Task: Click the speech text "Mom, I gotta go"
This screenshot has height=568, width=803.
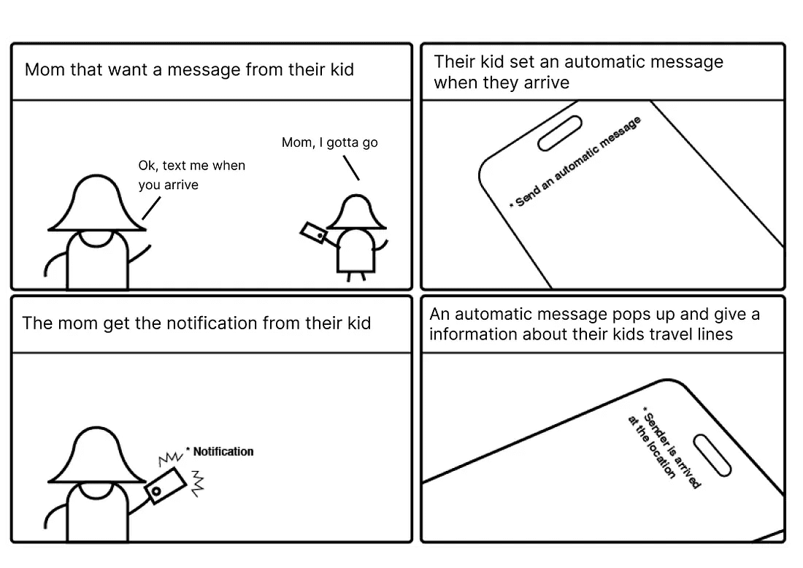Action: click(329, 142)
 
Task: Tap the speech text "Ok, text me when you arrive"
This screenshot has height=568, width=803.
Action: click(191, 174)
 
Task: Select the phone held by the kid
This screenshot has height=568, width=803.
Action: click(313, 232)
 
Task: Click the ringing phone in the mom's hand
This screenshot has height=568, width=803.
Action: click(165, 485)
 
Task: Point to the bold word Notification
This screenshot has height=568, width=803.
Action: click(223, 451)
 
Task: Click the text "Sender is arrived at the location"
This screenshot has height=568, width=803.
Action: click(664, 449)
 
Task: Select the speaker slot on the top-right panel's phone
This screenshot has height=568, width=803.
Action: click(560, 134)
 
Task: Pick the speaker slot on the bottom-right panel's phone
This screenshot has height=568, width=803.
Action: click(712, 456)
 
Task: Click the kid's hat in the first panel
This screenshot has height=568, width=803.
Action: click(356, 212)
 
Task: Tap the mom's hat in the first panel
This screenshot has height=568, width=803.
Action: click(97, 204)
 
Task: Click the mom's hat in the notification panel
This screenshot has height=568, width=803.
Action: click(97, 456)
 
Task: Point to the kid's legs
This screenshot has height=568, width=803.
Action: click(356, 277)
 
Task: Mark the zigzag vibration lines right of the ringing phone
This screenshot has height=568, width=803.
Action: click(197, 483)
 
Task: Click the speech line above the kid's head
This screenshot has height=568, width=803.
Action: click(351, 168)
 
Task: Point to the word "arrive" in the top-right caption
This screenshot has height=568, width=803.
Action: click(547, 82)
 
